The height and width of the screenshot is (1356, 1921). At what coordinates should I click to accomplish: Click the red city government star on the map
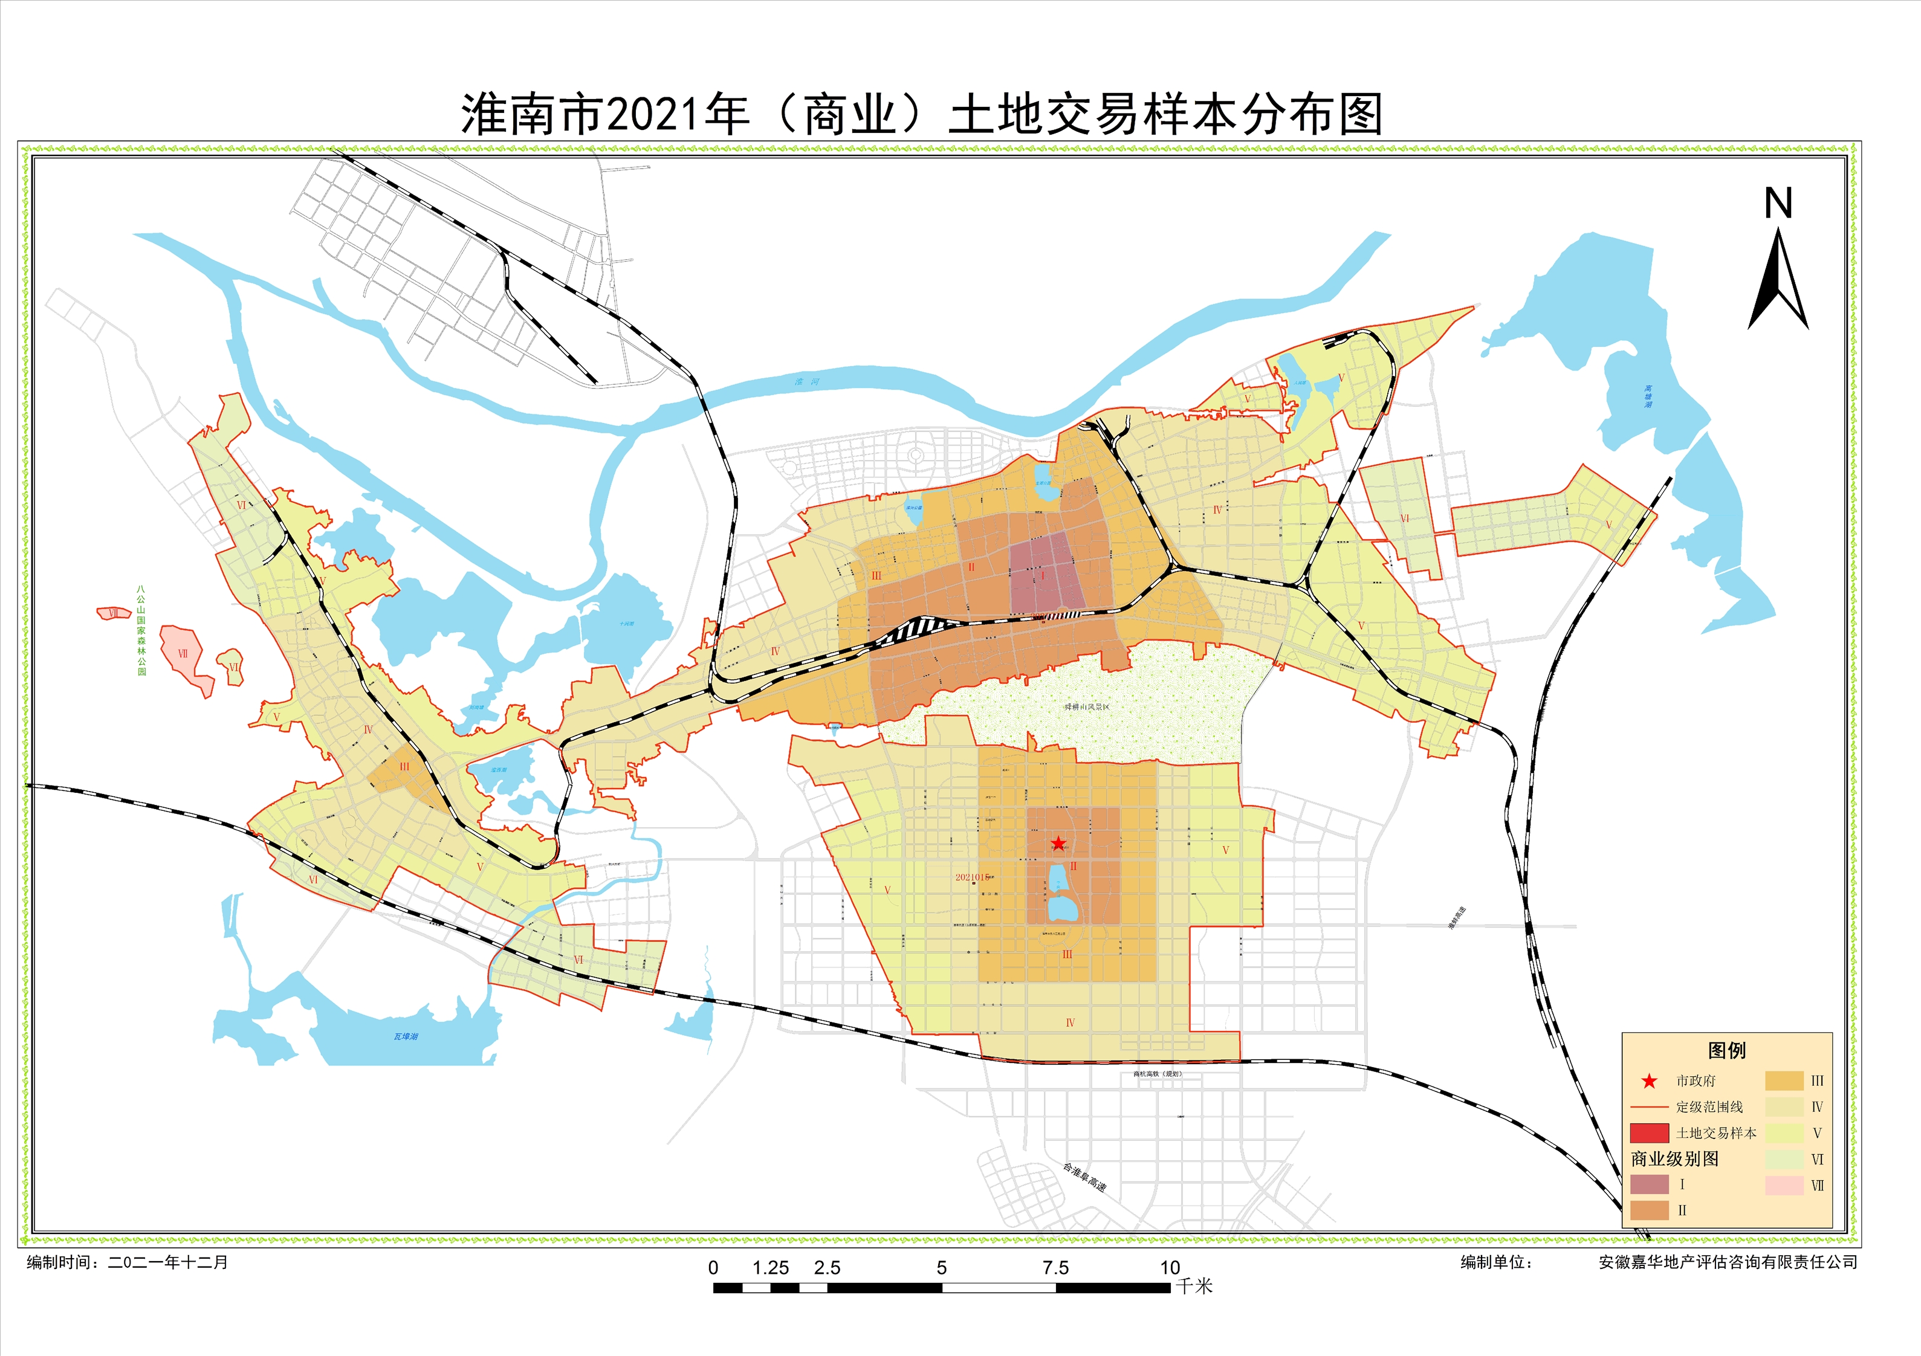(1058, 843)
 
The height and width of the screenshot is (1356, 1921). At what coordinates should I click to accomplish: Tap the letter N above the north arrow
(1778, 203)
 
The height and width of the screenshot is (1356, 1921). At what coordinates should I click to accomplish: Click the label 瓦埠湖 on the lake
(406, 1036)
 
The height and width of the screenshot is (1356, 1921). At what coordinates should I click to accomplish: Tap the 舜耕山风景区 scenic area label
(1087, 707)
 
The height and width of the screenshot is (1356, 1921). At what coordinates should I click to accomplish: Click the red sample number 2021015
(972, 877)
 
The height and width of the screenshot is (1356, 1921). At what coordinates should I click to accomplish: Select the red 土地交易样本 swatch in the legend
(1649, 1132)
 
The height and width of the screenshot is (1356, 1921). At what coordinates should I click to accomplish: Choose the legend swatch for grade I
(1649, 1184)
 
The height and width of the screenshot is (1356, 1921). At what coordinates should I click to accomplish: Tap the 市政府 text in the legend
(1696, 1081)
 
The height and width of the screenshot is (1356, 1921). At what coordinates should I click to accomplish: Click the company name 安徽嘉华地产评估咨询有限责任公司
(1728, 1262)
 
